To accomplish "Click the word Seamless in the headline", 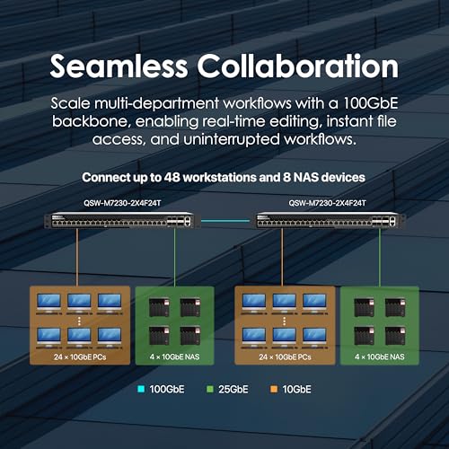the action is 119,66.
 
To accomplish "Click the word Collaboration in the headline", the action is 297,66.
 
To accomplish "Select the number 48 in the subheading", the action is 172,178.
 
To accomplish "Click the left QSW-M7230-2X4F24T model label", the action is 122,203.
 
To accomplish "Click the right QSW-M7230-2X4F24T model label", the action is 327,203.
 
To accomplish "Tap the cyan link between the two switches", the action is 225,221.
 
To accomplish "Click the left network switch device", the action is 119,221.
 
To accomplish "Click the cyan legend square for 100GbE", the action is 141,389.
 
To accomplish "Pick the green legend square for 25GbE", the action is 210,389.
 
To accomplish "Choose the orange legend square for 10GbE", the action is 274,389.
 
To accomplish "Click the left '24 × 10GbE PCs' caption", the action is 80,357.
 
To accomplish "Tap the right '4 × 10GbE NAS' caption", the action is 380,357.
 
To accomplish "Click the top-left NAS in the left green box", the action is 159,307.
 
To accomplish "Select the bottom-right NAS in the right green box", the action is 395,336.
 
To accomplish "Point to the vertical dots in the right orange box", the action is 284,321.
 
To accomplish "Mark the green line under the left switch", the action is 175,258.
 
